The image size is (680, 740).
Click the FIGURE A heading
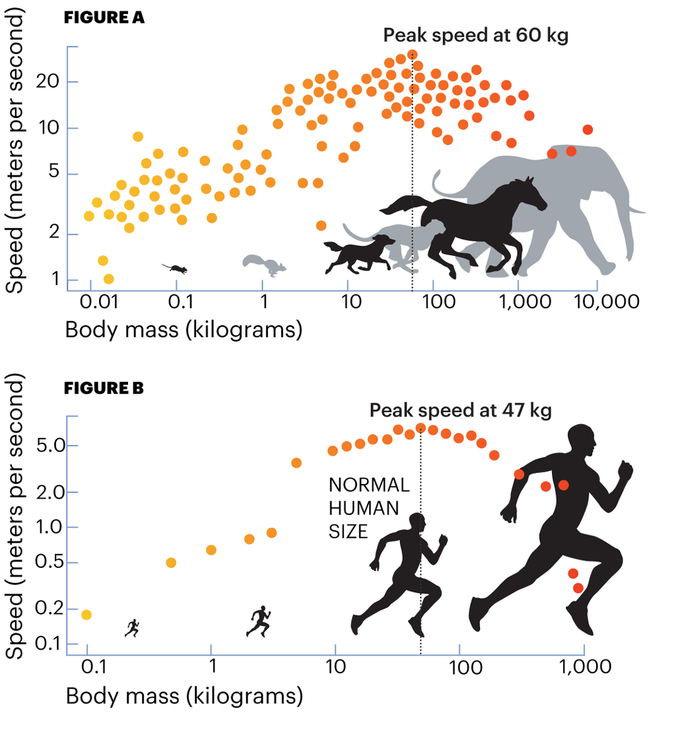pos(104,18)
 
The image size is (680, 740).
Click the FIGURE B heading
pos(104,388)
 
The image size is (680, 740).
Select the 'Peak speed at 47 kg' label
pos(460,410)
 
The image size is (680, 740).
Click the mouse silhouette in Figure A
pos(176,268)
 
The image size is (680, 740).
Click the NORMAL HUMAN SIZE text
pos(368,508)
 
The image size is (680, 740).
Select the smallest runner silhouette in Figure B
pos(133,628)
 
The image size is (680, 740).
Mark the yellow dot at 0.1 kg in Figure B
pos(86,615)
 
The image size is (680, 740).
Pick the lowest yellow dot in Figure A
pos(109,279)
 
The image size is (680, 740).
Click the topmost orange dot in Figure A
pos(413,55)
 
